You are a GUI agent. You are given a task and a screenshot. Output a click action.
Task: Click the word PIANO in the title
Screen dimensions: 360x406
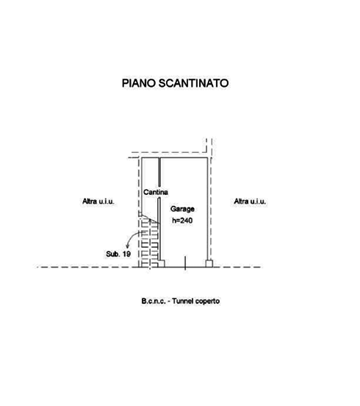pyautogui.click(x=138, y=83)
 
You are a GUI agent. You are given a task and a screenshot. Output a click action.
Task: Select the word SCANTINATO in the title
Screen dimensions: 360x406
pyautogui.click(x=193, y=83)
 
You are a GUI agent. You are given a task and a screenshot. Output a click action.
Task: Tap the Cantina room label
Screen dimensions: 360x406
pyautogui.click(x=156, y=192)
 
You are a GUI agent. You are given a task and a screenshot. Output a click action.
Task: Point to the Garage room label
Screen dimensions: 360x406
pyautogui.click(x=182, y=209)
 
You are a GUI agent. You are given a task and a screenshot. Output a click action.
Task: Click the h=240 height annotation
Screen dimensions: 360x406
pyautogui.click(x=182, y=221)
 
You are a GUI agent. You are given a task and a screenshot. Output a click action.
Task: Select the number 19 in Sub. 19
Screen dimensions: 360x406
pyautogui.click(x=126, y=254)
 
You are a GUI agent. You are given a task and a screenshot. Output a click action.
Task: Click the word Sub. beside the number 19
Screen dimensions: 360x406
pyautogui.click(x=113, y=254)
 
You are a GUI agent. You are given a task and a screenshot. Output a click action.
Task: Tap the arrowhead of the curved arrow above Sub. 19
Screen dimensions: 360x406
pyautogui.click(x=127, y=246)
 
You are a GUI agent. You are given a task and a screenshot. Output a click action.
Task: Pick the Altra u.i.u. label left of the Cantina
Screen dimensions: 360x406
pyautogui.click(x=98, y=202)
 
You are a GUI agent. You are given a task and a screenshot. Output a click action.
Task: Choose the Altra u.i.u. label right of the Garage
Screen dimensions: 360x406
pyautogui.click(x=250, y=202)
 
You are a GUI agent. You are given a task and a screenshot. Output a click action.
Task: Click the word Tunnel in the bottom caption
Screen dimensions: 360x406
pyautogui.click(x=183, y=301)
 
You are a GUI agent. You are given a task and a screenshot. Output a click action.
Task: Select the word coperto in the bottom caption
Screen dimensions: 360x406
pyautogui.click(x=208, y=302)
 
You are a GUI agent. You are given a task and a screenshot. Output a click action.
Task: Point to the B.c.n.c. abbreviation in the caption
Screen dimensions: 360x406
pyautogui.click(x=154, y=301)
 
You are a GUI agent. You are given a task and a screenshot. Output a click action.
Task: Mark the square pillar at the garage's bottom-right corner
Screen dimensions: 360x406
pyautogui.click(x=209, y=263)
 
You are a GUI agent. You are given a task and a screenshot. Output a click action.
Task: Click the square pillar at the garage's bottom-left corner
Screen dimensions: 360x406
pyautogui.click(x=161, y=263)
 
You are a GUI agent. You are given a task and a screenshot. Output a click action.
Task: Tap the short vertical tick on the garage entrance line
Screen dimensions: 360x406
pyautogui.click(x=185, y=263)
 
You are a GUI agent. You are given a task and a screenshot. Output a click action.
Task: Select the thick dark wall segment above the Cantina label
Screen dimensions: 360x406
pyautogui.click(x=159, y=172)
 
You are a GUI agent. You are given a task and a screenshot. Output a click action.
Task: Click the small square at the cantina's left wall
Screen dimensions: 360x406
pyautogui.click(x=140, y=214)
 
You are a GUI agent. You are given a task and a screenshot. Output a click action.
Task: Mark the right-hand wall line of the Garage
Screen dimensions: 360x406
pyautogui.click(x=207, y=209)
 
